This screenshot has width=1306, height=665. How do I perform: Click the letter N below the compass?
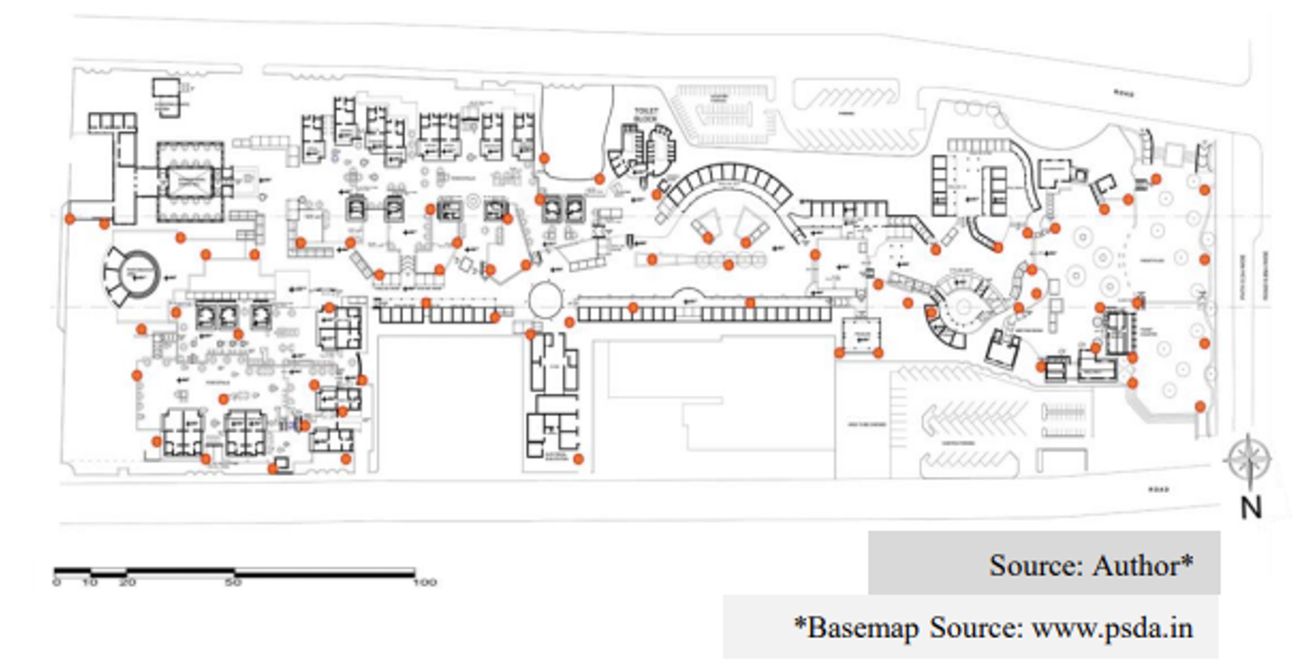(x=1251, y=508)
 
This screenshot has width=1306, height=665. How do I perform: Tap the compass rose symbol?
(x=1248, y=461)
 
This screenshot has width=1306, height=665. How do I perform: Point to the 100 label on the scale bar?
(x=425, y=583)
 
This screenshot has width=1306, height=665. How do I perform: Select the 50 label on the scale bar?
(x=233, y=583)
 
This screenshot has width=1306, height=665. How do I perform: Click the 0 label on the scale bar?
(x=57, y=583)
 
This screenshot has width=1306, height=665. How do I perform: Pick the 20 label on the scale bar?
(x=127, y=583)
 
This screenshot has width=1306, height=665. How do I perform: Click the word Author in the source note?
(x=1142, y=564)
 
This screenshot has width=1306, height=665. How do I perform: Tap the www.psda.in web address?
(x=1111, y=626)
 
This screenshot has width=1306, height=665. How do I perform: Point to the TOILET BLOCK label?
(x=646, y=115)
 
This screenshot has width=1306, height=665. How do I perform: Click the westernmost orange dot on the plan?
(x=69, y=219)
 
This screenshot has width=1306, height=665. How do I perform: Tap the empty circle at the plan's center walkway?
(x=544, y=300)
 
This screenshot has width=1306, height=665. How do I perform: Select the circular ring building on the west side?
(x=133, y=274)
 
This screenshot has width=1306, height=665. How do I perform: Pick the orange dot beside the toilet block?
(x=600, y=178)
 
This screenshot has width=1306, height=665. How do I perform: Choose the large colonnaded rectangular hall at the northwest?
(x=190, y=181)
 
